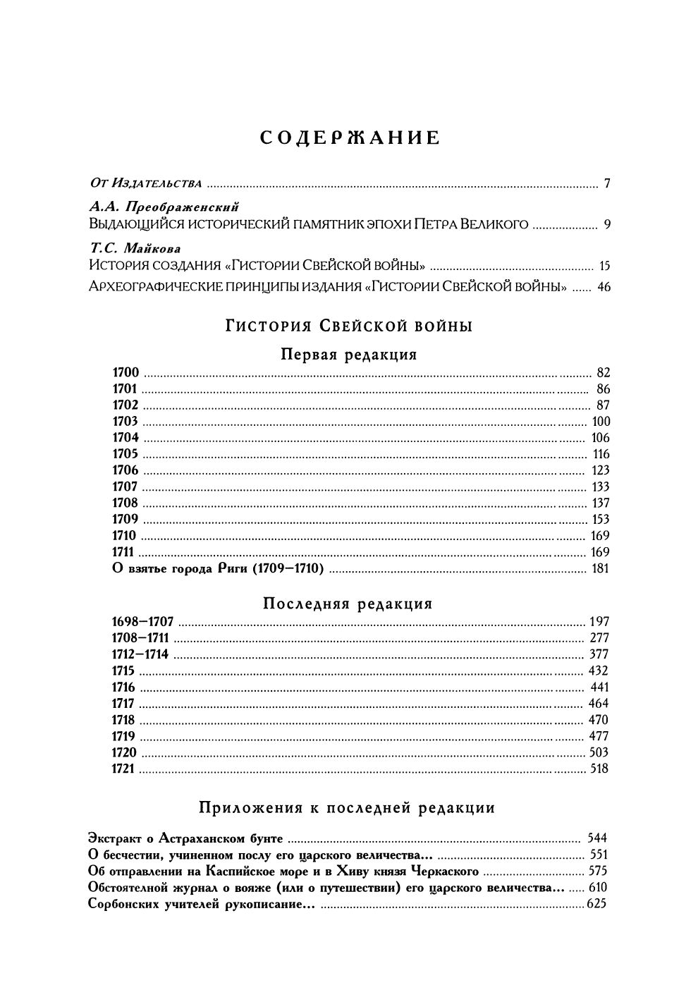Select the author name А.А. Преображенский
pos(164,207)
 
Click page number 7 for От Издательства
pos(606,185)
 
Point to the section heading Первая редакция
pos(349,355)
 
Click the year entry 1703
pos(125,422)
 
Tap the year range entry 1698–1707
pos(142,622)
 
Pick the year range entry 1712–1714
pos(140,654)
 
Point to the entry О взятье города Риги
pos(217,569)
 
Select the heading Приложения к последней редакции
pos(348,808)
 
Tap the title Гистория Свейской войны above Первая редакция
pos(349,326)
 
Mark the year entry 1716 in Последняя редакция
pos(124,687)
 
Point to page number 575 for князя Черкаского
pos(597,871)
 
